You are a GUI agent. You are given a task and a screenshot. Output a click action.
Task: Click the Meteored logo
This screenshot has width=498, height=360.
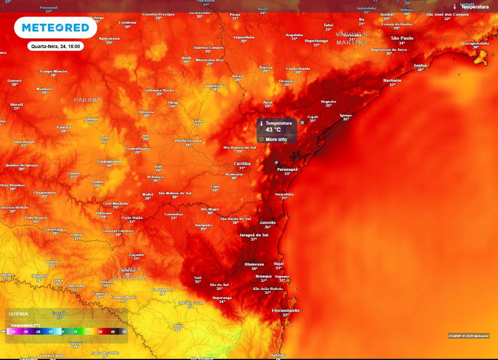[55, 27]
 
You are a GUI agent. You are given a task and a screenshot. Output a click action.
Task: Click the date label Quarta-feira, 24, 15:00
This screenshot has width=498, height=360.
[55, 46]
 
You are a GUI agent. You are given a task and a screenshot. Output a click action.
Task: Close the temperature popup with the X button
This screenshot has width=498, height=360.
[302, 122]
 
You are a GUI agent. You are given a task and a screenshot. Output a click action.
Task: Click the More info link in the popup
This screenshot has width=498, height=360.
[276, 139]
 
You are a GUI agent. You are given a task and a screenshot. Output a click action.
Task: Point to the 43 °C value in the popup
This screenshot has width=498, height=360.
[273, 130]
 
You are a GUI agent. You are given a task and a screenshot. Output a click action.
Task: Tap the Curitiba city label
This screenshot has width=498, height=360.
[242, 163]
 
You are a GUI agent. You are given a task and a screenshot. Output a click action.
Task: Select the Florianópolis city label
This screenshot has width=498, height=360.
[285, 310]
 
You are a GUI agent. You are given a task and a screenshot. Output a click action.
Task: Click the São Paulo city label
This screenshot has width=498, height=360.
[402, 38]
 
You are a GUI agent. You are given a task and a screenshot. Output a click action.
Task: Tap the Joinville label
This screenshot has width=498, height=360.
[268, 223]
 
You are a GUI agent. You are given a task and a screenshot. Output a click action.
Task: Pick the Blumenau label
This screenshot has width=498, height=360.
[254, 264]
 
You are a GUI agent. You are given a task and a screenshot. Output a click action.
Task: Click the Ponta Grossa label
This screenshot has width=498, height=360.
[188, 140]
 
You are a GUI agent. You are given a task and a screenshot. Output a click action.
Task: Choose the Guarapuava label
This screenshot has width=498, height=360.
[109, 161]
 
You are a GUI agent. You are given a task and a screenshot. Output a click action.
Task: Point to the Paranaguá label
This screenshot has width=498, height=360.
[287, 169]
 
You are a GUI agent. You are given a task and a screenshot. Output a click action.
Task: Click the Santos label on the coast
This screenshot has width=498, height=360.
[421, 65]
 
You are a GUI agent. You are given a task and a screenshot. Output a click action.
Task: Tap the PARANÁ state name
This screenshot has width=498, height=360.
[88, 100]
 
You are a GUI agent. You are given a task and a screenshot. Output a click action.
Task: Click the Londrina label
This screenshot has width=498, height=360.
[127, 22]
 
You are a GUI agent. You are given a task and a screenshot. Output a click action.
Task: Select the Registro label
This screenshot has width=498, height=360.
[329, 101]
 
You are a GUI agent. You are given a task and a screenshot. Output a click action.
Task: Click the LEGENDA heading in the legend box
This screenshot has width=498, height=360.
[19, 314]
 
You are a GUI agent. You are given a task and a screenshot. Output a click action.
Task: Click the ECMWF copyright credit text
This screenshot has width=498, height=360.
[468, 336]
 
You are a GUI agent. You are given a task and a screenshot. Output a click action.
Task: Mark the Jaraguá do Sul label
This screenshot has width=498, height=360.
[254, 234]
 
